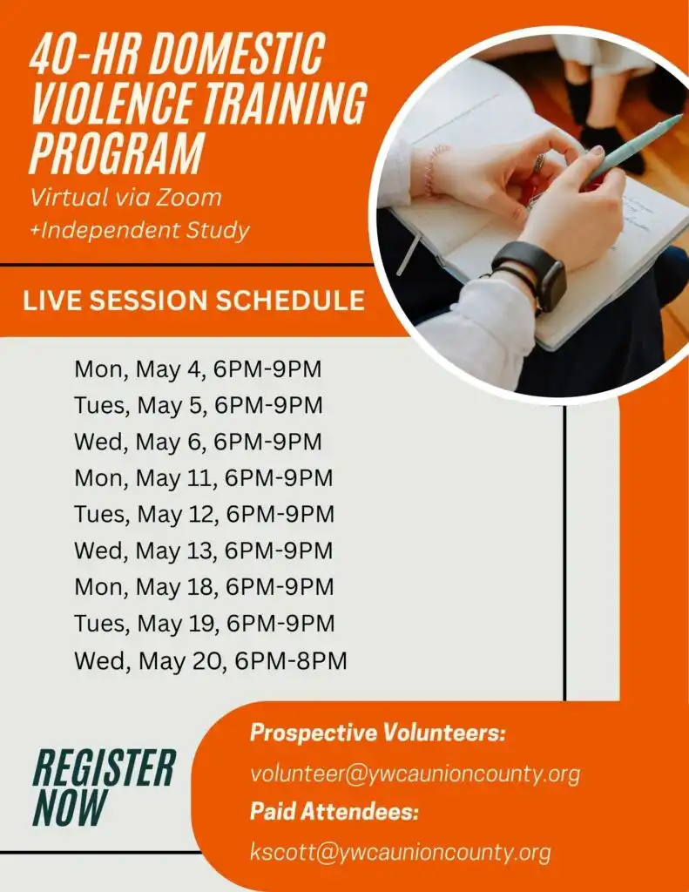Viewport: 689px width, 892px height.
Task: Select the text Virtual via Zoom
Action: (x=125, y=198)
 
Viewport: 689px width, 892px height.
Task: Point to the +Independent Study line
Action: (x=139, y=231)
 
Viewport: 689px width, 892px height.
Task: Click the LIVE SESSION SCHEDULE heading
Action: (x=193, y=301)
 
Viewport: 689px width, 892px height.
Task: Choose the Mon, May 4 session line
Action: (x=198, y=369)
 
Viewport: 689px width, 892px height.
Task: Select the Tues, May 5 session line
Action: (x=199, y=406)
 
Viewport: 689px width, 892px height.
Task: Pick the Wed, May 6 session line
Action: (x=198, y=442)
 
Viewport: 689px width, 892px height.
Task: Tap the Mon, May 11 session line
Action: (x=204, y=478)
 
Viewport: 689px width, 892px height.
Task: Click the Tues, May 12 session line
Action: (x=204, y=515)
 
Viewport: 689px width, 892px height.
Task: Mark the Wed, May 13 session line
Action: (x=204, y=551)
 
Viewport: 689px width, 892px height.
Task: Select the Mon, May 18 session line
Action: (x=204, y=587)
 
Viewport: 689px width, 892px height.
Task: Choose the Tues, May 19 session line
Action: (x=205, y=624)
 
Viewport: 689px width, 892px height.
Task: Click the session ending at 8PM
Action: (x=210, y=661)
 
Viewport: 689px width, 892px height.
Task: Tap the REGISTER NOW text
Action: (x=103, y=787)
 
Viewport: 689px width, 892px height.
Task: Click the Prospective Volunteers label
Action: (x=378, y=733)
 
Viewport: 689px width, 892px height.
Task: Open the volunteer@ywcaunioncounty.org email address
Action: (x=415, y=774)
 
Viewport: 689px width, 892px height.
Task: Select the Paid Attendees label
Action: (x=334, y=813)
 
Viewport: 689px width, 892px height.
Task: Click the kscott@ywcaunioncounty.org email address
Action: (x=400, y=852)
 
